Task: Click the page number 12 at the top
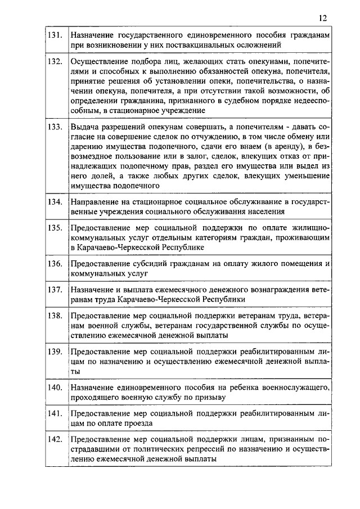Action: pyautogui.click(x=322, y=17)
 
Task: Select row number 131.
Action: pyautogui.click(x=55, y=35)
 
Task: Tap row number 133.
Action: pyautogui.click(x=55, y=127)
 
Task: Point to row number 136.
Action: pyautogui.click(x=55, y=263)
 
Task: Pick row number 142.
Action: pyautogui.click(x=55, y=439)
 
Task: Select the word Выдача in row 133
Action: pyautogui.click(x=84, y=127)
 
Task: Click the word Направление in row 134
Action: pyautogui.click(x=93, y=201)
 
